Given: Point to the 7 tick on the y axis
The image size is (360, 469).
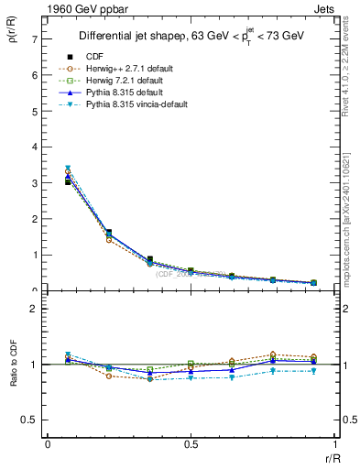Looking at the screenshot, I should point(34,39).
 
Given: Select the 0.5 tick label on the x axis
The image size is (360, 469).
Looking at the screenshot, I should point(191,444).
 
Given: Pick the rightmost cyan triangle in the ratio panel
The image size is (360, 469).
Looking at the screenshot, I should point(313,371).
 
